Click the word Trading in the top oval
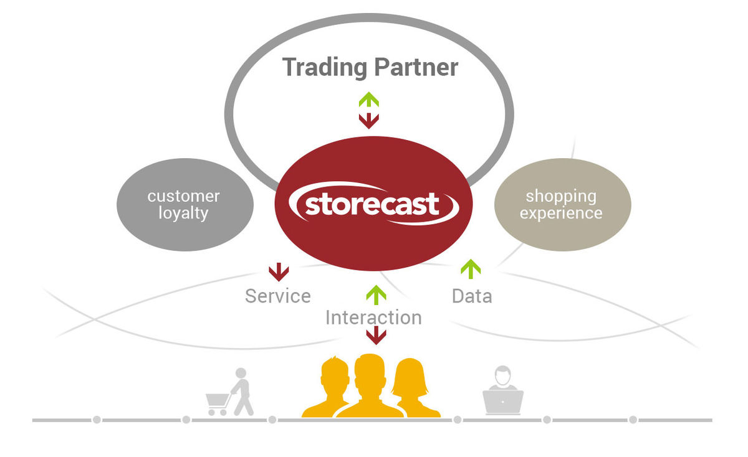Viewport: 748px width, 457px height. click(x=325, y=68)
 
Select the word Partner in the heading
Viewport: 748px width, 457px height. click(x=416, y=67)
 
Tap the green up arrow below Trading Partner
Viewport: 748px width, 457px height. click(x=368, y=100)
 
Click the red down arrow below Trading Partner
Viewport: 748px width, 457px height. click(x=368, y=121)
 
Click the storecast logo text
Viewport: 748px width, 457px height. click(x=372, y=204)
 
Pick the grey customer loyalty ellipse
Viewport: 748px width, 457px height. click(x=185, y=204)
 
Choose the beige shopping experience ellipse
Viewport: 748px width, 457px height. click(x=563, y=204)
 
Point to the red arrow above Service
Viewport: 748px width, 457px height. click(x=279, y=272)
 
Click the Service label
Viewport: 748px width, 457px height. click(x=278, y=296)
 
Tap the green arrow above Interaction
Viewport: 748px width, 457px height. click(x=376, y=295)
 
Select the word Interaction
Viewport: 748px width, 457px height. click(x=373, y=318)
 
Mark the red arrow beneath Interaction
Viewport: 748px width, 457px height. click(x=376, y=335)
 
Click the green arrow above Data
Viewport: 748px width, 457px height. click(x=471, y=269)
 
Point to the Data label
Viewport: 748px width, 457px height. click(x=472, y=296)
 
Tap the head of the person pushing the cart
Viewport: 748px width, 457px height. click(x=241, y=373)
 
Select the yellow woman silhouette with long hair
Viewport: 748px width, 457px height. click(x=415, y=388)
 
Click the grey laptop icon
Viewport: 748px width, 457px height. click(x=503, y=402)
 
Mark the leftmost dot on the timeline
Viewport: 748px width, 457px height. click(x=97, y=420)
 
